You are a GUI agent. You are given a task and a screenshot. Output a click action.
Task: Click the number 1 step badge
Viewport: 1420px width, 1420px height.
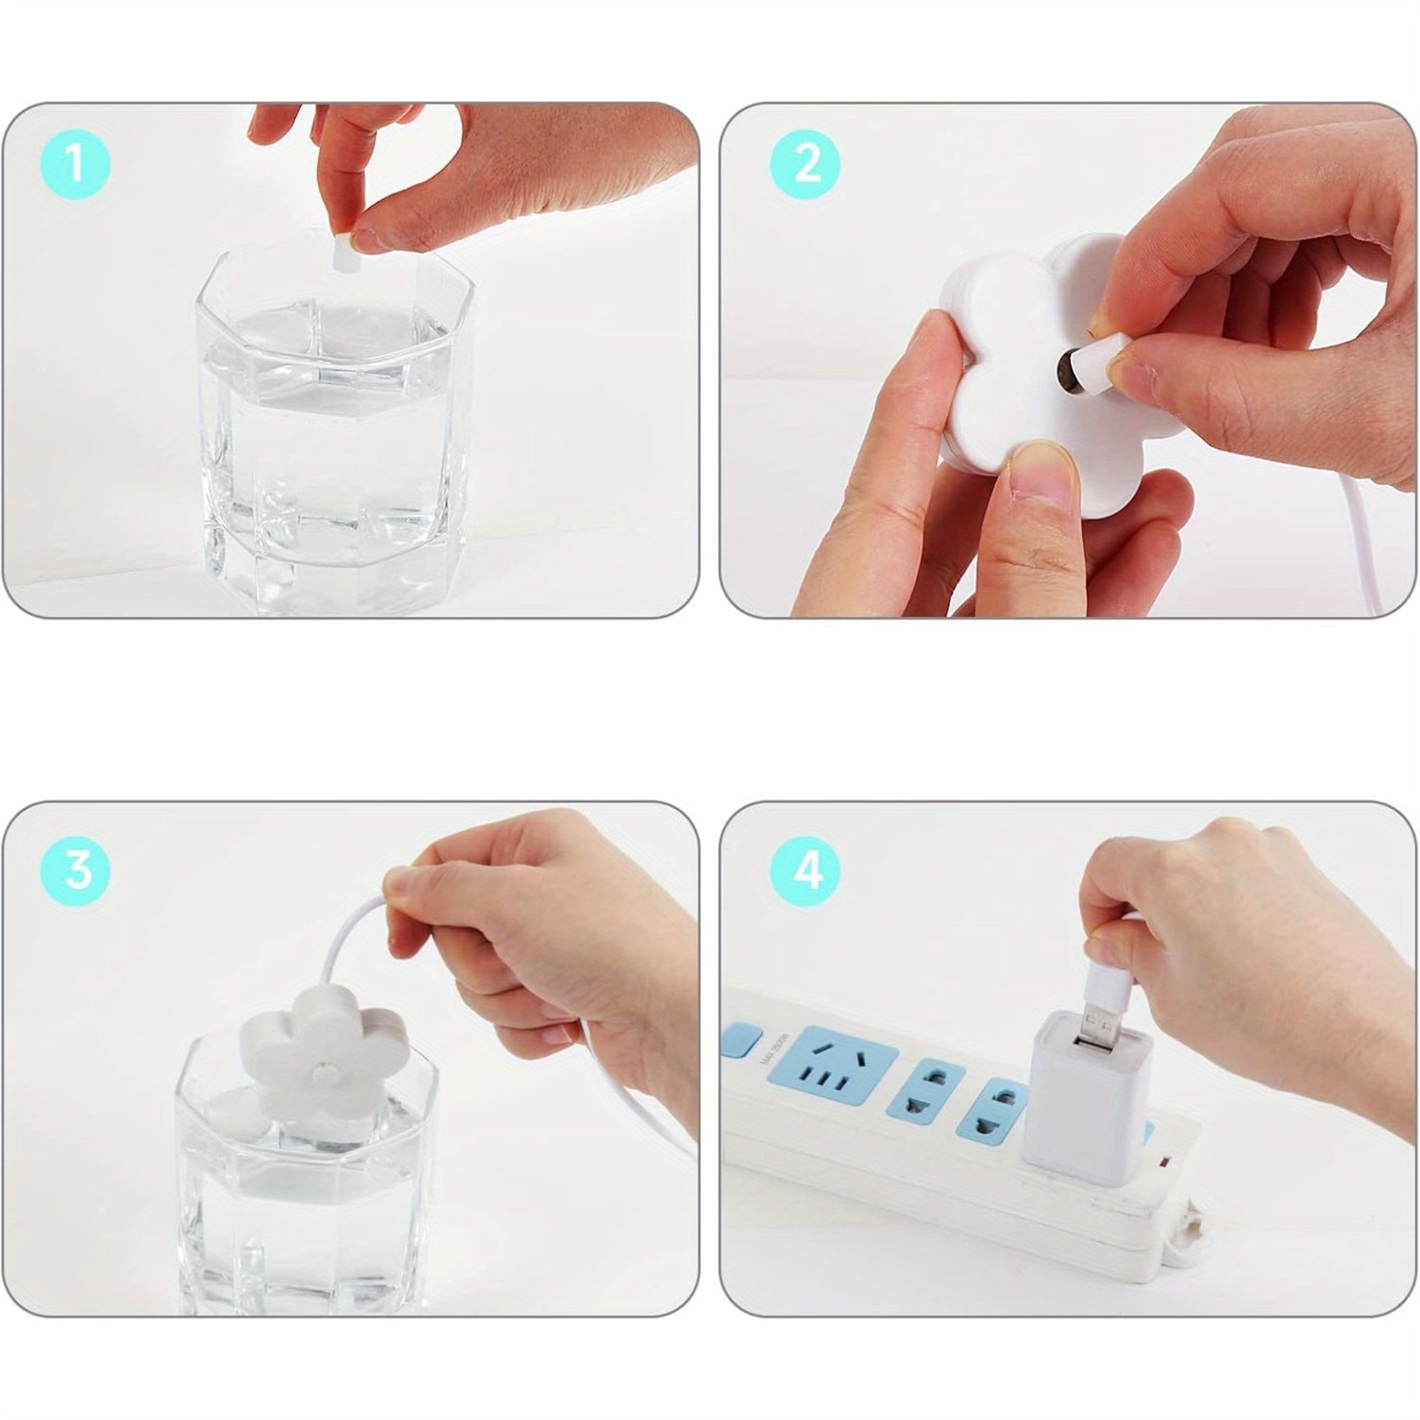pyautogui.click(x=75, y=164)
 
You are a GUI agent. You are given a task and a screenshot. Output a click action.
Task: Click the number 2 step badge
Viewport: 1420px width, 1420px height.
pyautogui.click(x=807, y=164)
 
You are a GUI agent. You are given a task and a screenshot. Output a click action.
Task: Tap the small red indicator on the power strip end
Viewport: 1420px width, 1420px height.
pyautogui.click(x=1163, y=1164)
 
